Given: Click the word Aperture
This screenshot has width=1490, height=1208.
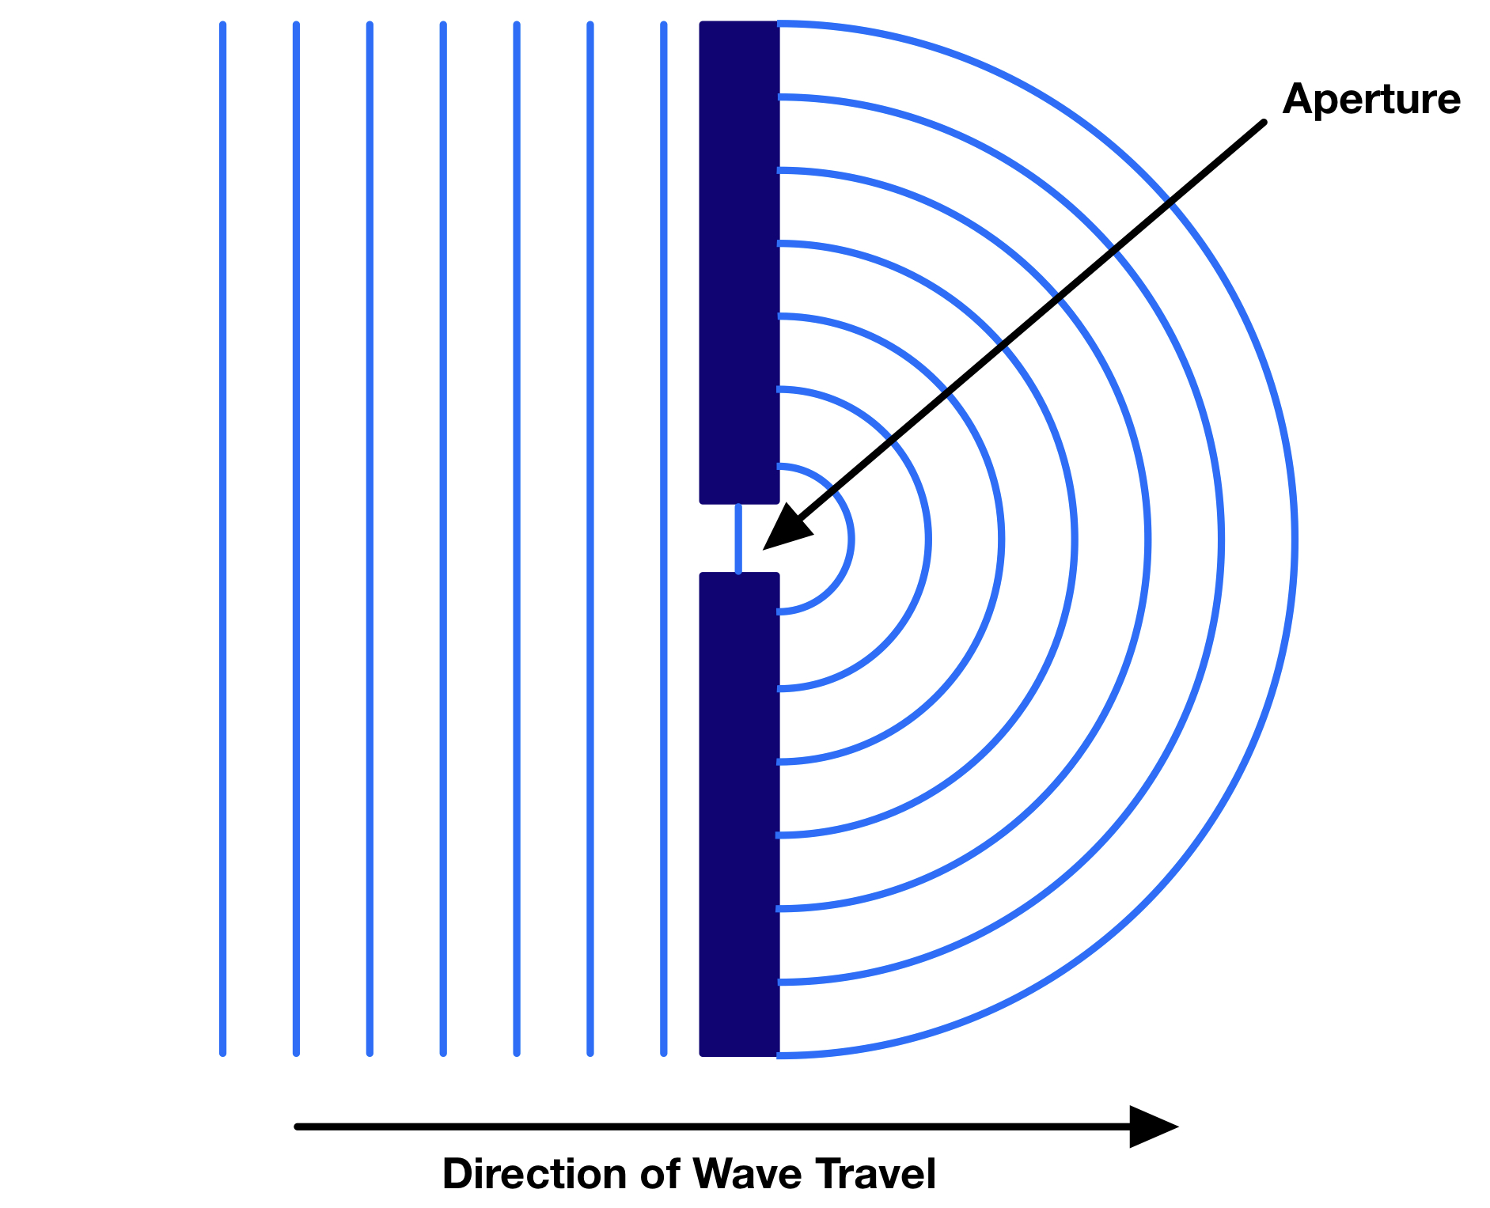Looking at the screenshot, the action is [x=1371, y=100].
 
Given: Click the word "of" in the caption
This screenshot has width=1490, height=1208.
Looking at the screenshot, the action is [x=659, y=1174].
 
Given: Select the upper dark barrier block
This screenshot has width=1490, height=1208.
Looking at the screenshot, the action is [x=739, y=261].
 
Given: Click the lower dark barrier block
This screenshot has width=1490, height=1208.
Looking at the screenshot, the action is [x=739, y=815].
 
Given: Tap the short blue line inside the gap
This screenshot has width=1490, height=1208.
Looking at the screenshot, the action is [x=738, y=538].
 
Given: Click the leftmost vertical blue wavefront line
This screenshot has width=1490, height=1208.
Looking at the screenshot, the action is [x=223, y=538].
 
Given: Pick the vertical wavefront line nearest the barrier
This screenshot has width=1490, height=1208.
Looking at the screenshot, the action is [x=663, y=538].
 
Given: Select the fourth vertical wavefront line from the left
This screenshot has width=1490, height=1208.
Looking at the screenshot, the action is [x=443, y=538].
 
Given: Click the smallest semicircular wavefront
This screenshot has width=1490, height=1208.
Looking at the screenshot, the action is [x=851, y=540].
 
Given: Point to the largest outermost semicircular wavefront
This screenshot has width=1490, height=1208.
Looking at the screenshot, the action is [x=1295, y=540].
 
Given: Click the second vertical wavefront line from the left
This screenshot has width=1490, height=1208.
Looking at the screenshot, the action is [x=296, y=538].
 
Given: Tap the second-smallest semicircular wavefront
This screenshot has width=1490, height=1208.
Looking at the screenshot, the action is [x=927, y=540].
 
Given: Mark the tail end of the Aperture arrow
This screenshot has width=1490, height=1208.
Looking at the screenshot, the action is [x=1263, y=123].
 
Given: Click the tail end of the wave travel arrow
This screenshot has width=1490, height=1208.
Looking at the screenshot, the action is [x=298, y=1127].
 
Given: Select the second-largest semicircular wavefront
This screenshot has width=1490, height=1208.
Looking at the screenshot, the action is [x=1221, y=540].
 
